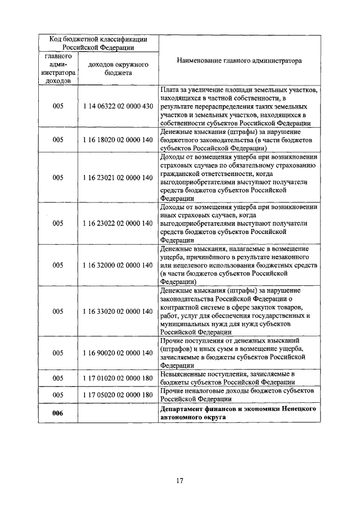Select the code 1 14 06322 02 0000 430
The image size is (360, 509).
coord(118,106)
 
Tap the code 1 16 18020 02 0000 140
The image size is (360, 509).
coord(118,138)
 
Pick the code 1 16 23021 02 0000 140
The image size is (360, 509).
coord(118,177)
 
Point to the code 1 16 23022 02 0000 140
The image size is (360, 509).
coord(118,223)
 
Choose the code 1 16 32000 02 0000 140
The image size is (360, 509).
coord(118,265)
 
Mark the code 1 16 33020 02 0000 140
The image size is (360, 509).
coord(118,311)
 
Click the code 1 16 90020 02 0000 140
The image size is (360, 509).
coord(118,353)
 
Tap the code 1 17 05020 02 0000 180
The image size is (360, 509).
coord(118,395)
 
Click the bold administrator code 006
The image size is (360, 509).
coord(58,413)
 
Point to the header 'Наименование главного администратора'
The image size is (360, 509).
coord(239,60)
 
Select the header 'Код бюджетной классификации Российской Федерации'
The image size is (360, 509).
coord(98,43)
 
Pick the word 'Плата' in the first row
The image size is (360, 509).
coord(169,89)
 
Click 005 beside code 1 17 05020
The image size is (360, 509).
coord(58,395)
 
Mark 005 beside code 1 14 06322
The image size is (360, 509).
coord(58,106)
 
